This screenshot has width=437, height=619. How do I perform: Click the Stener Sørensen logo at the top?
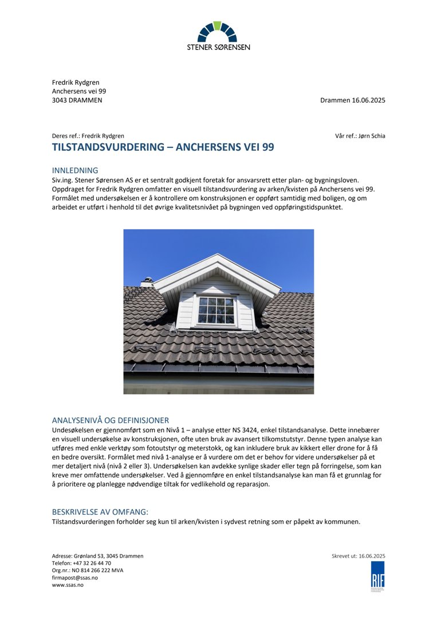click(x=218, y=36)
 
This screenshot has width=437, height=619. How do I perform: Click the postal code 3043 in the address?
click(x=60, y=100)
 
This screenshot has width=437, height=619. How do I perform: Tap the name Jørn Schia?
click(x=372, y=136)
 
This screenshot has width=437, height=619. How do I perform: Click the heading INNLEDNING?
click(x=75, y=170)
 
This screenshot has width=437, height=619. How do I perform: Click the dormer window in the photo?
click(x=216, y=310)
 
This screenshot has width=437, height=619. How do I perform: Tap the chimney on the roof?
click(x=147, y=281)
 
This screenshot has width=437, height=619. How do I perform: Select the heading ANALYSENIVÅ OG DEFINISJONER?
click(x=110, y=420)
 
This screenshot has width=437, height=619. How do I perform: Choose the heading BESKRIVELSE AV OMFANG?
click(x=100, y=512)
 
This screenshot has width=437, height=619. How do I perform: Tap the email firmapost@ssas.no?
click(x=75, y=578)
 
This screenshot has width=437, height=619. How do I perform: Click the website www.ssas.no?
click(x=68, y=585)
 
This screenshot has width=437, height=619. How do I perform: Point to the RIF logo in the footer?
click(x=377, y=575)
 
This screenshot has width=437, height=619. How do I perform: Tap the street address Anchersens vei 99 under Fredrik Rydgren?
click(x=79, y=91)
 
